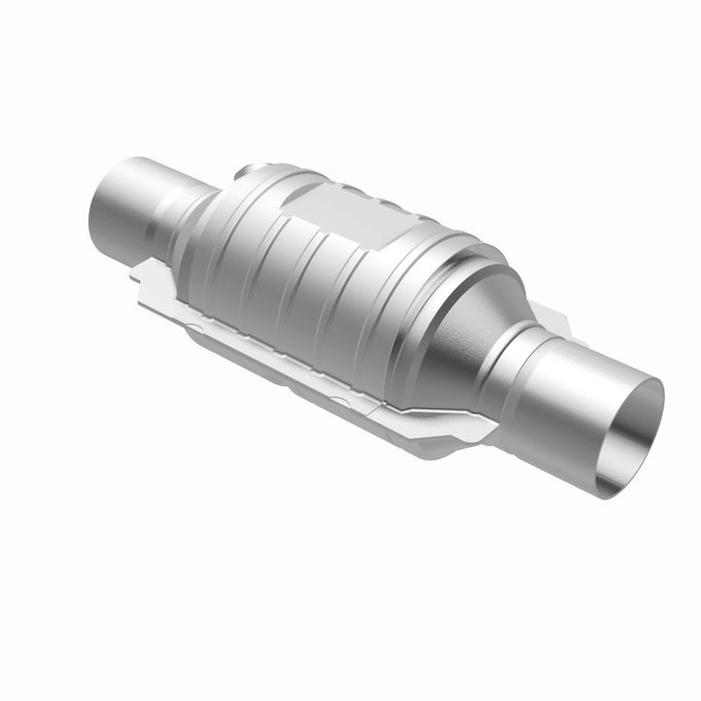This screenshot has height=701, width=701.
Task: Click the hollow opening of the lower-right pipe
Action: (638, 428)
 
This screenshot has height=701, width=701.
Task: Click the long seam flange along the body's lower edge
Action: (292, 341)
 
